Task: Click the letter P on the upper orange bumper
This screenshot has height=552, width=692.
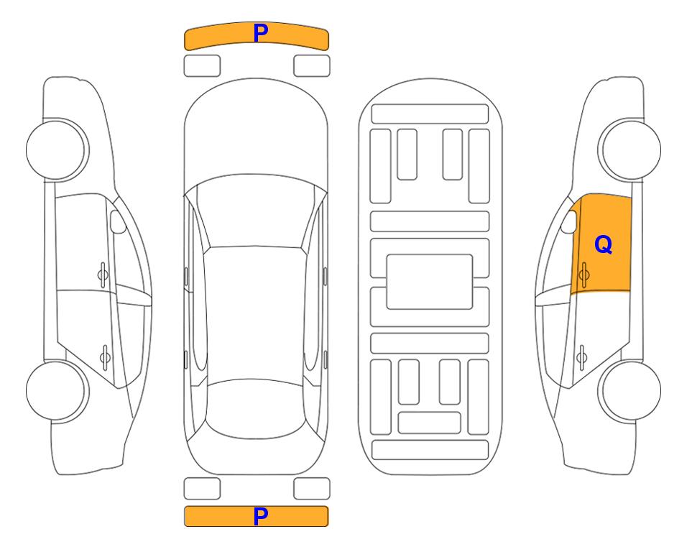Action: click(x=261, y=33)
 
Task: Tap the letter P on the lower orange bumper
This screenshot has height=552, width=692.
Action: click(x=261, y=516)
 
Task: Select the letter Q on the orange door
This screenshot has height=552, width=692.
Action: click(x=604, y=244)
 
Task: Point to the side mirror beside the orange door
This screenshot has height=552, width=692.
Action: click(x=569, y=221)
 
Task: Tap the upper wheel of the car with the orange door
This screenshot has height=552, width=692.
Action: click(x=629, y=150)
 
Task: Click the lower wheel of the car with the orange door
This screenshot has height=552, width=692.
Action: click(x=629, y=390)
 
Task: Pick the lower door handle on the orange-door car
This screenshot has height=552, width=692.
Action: click(x=581, y=357)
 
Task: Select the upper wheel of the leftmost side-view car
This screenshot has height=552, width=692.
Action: click(x=57, y=150)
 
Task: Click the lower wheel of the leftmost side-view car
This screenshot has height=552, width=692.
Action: click(x=57, y=390)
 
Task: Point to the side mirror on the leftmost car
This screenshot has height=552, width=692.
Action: click(x=118, y=221)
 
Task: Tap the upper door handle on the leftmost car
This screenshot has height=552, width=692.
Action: click(x=103, y=275)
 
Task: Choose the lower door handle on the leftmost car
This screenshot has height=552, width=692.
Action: click(x=105, y=357)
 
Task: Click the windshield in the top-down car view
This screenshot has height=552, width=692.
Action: click(x=256, y=211)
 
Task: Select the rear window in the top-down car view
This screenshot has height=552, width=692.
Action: click(x=256, y=408)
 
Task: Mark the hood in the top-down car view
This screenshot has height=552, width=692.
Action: click(x=256, y=132)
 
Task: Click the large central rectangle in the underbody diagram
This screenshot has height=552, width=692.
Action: click(x=430, y=282)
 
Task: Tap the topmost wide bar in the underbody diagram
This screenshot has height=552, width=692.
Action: click(x=430, y=114)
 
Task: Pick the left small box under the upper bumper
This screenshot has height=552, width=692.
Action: click(x=202, y=66)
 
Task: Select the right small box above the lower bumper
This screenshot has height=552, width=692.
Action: click(x=312, y=489)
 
